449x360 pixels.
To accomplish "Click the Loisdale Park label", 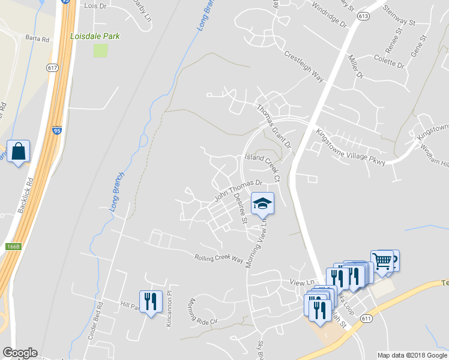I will [x=95, y=36].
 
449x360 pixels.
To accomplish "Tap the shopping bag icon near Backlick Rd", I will [x=18, y=151].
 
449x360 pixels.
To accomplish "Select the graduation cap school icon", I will [x=262, y=203].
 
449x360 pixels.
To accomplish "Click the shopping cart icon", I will [x=382, y=261].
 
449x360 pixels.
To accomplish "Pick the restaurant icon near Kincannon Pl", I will [x=150, y=301].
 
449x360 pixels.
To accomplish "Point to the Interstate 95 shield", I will [x=56, y=130].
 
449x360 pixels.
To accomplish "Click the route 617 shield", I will [x=52, y=68].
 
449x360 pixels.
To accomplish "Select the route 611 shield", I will [x=366, y=319].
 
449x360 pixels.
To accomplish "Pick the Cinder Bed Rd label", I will [x=95, y=320].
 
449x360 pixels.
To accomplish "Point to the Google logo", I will [x=20, y=353].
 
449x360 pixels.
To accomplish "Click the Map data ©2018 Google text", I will [x=411, y=355].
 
